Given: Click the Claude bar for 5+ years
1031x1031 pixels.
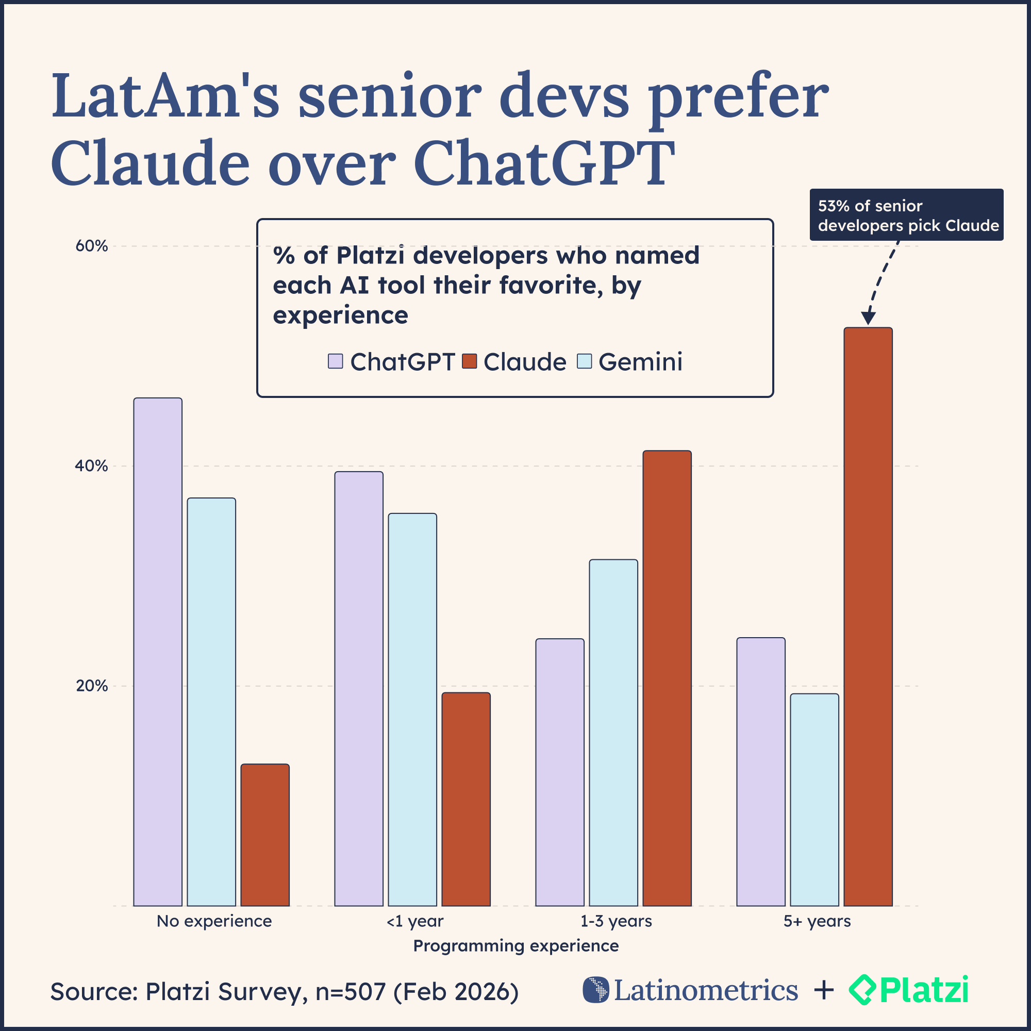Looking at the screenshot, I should coord(868,617).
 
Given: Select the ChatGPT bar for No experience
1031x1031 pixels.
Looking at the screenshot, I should coord(157,652).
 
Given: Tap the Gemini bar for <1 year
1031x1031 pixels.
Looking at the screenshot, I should coord(412,709).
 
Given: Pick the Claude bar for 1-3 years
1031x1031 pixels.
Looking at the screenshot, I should coord(667,678).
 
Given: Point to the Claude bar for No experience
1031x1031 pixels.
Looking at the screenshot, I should coord(264,835).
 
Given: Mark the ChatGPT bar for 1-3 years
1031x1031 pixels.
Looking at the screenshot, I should coord(560,772).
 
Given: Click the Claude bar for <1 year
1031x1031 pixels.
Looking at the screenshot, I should coord(466,799).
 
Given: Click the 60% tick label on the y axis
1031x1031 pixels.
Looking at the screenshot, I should coord(91,246).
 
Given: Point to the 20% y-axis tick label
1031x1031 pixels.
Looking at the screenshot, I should coord(91,686).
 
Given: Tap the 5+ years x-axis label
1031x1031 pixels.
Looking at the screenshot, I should coord(817,922).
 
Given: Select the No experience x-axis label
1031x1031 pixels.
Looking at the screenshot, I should coord(214,922).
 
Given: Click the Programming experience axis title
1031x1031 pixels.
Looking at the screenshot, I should coord(515,946).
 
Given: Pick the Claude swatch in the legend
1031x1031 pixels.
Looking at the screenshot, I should coord(469,361).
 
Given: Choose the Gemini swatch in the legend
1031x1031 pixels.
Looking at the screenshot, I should coord(585,361).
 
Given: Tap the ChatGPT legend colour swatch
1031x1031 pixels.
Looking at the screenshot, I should coord(335,361).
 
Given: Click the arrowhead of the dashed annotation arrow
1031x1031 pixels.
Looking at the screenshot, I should coord(868,319).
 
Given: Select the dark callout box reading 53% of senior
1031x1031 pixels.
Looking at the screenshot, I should coord(906,214).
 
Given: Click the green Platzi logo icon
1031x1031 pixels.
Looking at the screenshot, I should coord(862,990).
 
